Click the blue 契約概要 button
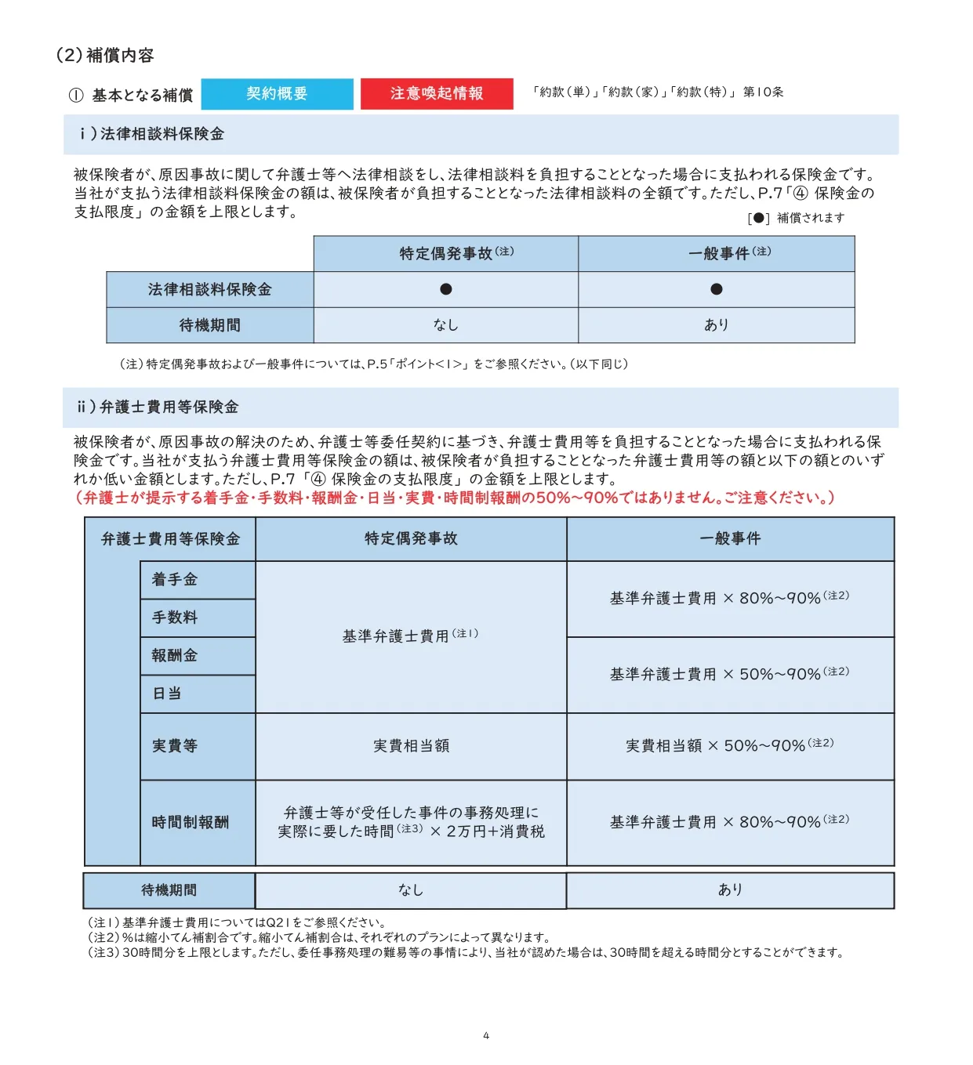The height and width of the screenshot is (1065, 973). pos(277,94)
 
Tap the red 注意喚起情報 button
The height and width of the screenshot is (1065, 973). pos(437,94)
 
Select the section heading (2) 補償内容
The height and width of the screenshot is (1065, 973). pos(105,56)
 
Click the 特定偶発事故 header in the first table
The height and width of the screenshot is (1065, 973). pos(445,253)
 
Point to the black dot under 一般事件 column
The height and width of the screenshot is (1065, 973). pos(716,289)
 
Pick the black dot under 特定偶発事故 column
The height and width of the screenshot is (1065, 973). pos(445,289)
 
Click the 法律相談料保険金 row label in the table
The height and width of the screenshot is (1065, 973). pos(209,290)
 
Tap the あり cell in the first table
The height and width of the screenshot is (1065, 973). pos(716,324)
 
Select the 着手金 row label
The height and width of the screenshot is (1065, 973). pos(175,580)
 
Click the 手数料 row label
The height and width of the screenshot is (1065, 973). pos(175,618)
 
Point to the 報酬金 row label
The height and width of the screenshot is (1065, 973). pos(175,656)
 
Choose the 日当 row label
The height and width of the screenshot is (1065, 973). pos(167,694)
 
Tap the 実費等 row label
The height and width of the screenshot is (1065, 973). pos(175,746)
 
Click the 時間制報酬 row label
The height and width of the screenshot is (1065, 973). pos(191,822)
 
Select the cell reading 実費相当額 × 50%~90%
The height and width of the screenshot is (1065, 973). pos(729,746)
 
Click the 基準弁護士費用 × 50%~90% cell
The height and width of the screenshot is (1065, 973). pos(729,674)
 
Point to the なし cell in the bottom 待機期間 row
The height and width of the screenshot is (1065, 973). pos(410,890)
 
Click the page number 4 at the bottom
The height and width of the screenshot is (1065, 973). pos(486,1036)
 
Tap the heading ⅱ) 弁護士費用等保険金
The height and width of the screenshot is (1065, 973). pos(158,408)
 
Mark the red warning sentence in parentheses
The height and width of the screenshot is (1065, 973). pos(455,498)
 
